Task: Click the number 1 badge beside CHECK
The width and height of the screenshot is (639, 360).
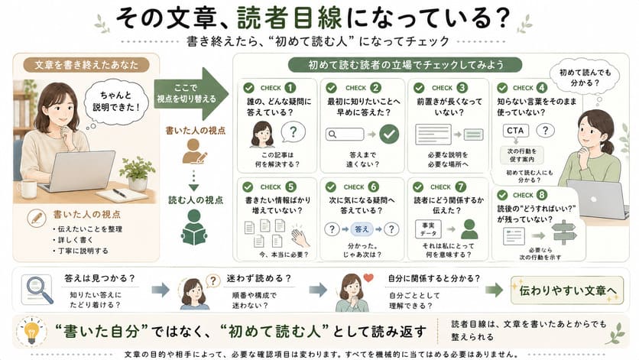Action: tap(290, 88)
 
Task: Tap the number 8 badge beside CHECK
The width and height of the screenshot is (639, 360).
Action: tap(542, 195)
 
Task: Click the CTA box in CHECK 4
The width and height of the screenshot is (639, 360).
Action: tap(515, 131)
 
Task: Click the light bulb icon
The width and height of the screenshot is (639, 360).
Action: tap(31, 331)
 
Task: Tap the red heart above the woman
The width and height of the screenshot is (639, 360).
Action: tap(368, 277)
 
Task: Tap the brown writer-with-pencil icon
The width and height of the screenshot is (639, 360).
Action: tap(194, 151)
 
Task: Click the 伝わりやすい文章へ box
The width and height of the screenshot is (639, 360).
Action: tap(567, 290)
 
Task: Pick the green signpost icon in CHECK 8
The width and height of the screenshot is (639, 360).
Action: tap(563, 233)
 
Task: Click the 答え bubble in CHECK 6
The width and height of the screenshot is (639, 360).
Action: tap(362, 229)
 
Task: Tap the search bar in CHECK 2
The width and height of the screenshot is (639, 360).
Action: tap(345, 134)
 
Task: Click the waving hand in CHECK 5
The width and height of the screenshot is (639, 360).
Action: tap(300, 235)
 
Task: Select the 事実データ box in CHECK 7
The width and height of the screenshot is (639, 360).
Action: tap(428, 229)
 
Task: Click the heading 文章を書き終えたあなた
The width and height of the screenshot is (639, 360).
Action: tap(86, 65)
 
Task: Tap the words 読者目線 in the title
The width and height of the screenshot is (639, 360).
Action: tap(290, 18)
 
